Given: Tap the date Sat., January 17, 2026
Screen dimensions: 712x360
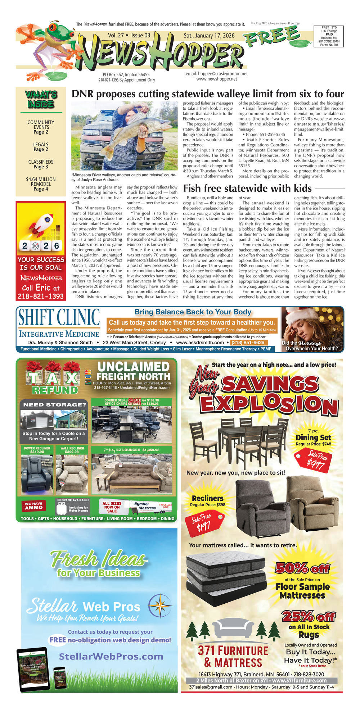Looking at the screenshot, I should click(x=209, y=36).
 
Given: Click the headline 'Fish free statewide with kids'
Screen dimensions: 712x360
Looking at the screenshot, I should click(x=247, y=188).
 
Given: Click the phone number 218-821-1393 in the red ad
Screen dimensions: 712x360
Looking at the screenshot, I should click(x=41, y=296).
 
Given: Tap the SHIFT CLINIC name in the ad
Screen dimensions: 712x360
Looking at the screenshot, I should click(x=59, y=318).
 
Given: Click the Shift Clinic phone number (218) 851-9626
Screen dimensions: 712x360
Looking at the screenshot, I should click(x=248, y=343).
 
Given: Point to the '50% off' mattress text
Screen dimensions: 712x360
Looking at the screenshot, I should click(x=302, y=568).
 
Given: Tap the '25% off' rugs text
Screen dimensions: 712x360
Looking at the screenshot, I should click(x=308, y=616).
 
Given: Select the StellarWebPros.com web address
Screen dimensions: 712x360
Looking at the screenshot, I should click(x=111, y=656).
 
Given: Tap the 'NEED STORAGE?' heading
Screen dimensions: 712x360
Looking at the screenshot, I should click(x=55, y=404).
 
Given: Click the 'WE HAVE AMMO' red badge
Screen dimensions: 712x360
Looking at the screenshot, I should click(x=33, y=505).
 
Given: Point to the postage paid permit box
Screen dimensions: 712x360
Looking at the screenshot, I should click(x=329, y=36).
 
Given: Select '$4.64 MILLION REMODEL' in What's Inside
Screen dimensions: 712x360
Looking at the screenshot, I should click(x=41, y=181).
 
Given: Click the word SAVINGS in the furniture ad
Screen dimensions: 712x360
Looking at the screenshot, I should click(x=270, y=384).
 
